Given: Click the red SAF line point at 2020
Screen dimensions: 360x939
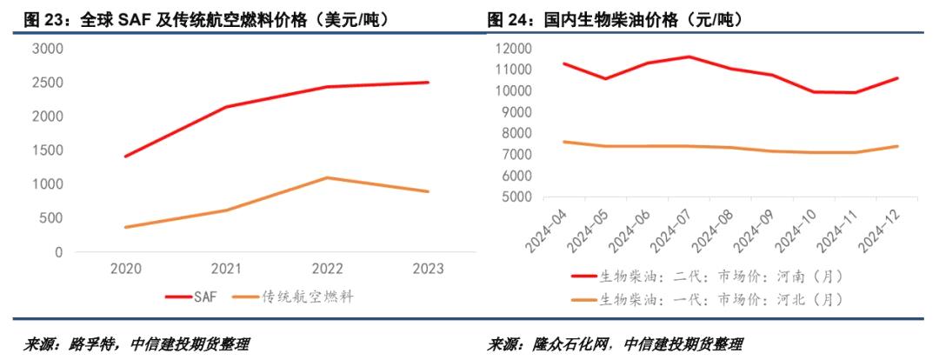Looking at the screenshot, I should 126,157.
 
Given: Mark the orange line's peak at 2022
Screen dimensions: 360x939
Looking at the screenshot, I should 327,177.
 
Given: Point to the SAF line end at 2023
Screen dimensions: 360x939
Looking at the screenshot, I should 428,83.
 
